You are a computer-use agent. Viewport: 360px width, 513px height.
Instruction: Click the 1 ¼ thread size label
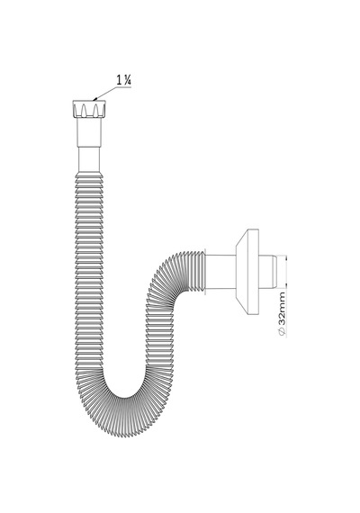pyautogui.click(x=124, y=80)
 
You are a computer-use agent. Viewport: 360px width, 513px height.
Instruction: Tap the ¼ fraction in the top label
pyautogui.click(x=128, y=80)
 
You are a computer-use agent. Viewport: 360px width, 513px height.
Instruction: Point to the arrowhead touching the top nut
pyautogui.click(x=94, y=99)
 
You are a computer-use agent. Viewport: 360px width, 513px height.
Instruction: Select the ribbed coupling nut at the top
pyautogui.click(x=89, y=109)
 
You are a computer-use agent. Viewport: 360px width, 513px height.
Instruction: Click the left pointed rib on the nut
pyautogui.click(x=84, y=110)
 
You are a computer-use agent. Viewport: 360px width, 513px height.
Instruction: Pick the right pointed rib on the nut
pyautogui.click(x=95, y=110)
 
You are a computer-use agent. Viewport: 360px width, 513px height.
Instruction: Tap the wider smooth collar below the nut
pyautogui.click(x=89, y=133)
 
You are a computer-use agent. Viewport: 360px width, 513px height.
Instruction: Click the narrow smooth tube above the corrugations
pyautogui.click(x=89, y=160)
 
